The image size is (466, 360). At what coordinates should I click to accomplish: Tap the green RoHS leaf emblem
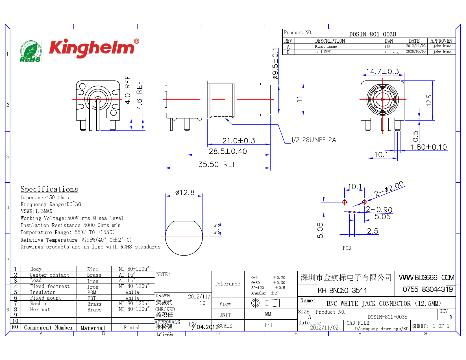(31, 51)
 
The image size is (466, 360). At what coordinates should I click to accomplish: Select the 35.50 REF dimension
(217, 165)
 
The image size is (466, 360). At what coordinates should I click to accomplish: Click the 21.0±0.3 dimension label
(239, 141)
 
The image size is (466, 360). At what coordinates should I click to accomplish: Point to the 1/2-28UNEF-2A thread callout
(313, 140)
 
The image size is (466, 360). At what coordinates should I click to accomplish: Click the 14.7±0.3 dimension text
(382, 71)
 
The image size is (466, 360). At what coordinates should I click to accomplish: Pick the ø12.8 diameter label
(185, 193)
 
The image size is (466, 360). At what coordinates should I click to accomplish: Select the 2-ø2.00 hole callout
(389, 189)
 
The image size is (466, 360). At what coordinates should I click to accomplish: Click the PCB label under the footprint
(347, 248)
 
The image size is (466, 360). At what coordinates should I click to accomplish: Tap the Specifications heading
(49, 189)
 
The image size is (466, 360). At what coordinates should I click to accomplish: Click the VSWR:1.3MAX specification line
(36, 211)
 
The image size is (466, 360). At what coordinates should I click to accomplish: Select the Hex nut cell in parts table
(40, 309)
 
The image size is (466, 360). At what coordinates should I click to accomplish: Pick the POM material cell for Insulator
(92, 292)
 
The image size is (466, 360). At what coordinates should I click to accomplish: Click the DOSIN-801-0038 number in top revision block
(372, 34)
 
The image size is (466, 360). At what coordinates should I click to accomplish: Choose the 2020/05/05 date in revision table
(415, 52)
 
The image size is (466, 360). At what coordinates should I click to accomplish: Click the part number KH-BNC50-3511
(342, 291)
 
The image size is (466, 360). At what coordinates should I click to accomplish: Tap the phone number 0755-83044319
(427, 289)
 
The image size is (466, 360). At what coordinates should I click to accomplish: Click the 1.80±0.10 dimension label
(428, 147)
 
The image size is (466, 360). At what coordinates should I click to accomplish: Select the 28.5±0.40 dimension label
(228, 151)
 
